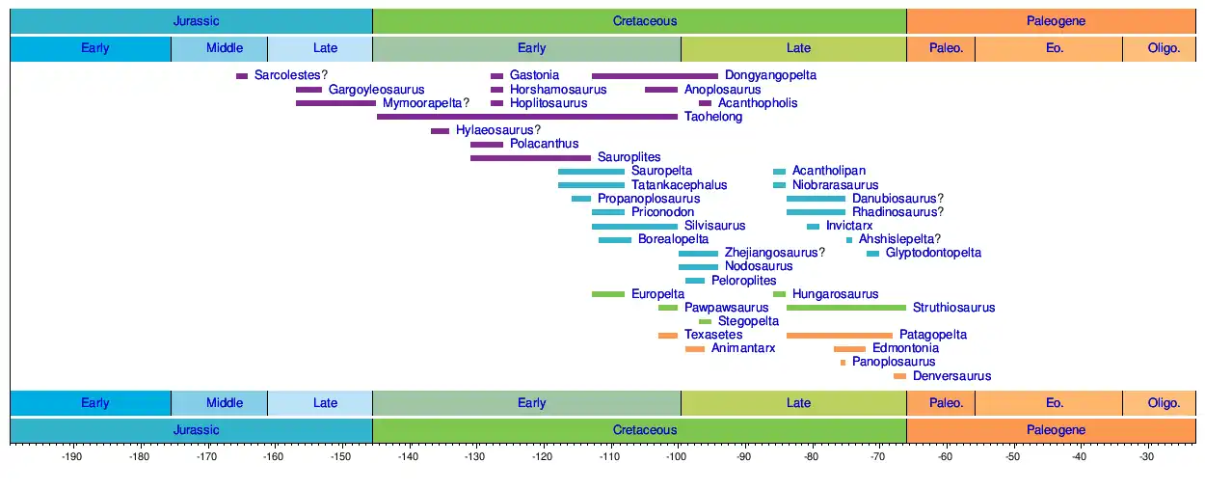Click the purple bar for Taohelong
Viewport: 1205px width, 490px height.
coord(527,117)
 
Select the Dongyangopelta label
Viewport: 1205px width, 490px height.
coord(770,75)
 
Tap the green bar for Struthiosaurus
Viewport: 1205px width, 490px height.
coord(846,308)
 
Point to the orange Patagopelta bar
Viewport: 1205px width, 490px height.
coord(839,335)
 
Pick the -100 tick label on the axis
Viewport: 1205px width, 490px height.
coord(676,456)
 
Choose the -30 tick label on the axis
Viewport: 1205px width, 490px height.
coord(1146,456)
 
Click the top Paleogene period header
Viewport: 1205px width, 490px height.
coord(1056,20)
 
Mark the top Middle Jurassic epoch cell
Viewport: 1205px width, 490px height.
coord(225,48)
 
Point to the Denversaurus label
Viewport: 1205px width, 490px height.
coord(951,376)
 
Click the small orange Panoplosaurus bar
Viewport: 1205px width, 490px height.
coord(843,363)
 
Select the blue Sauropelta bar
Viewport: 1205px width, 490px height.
coord(591,171)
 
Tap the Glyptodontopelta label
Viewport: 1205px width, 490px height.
coord(933,253)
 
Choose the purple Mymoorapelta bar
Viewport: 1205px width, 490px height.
coord(335,103)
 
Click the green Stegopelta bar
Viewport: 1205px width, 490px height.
coord(705,321)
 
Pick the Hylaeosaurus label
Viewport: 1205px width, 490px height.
coord(497,130)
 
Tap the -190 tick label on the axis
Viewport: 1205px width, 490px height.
coord(70,456)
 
